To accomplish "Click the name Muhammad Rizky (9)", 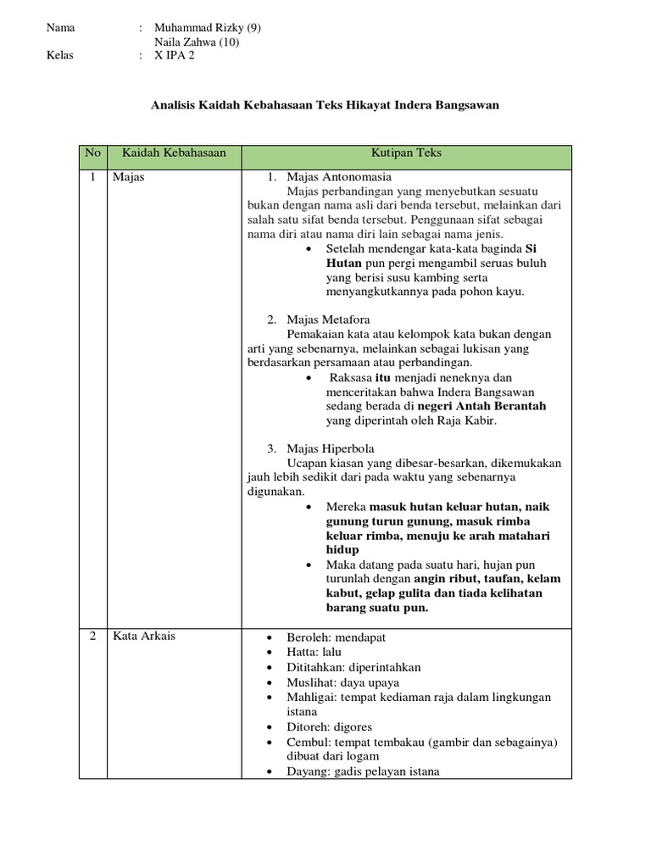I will (208, 27).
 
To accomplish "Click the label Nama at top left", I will (61, 27).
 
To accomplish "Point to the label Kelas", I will (61, 57).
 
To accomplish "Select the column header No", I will (93, 153).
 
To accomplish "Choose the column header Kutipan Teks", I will (406, 153).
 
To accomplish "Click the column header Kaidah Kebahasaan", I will (174, 153).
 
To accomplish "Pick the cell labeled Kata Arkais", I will (143, 637).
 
